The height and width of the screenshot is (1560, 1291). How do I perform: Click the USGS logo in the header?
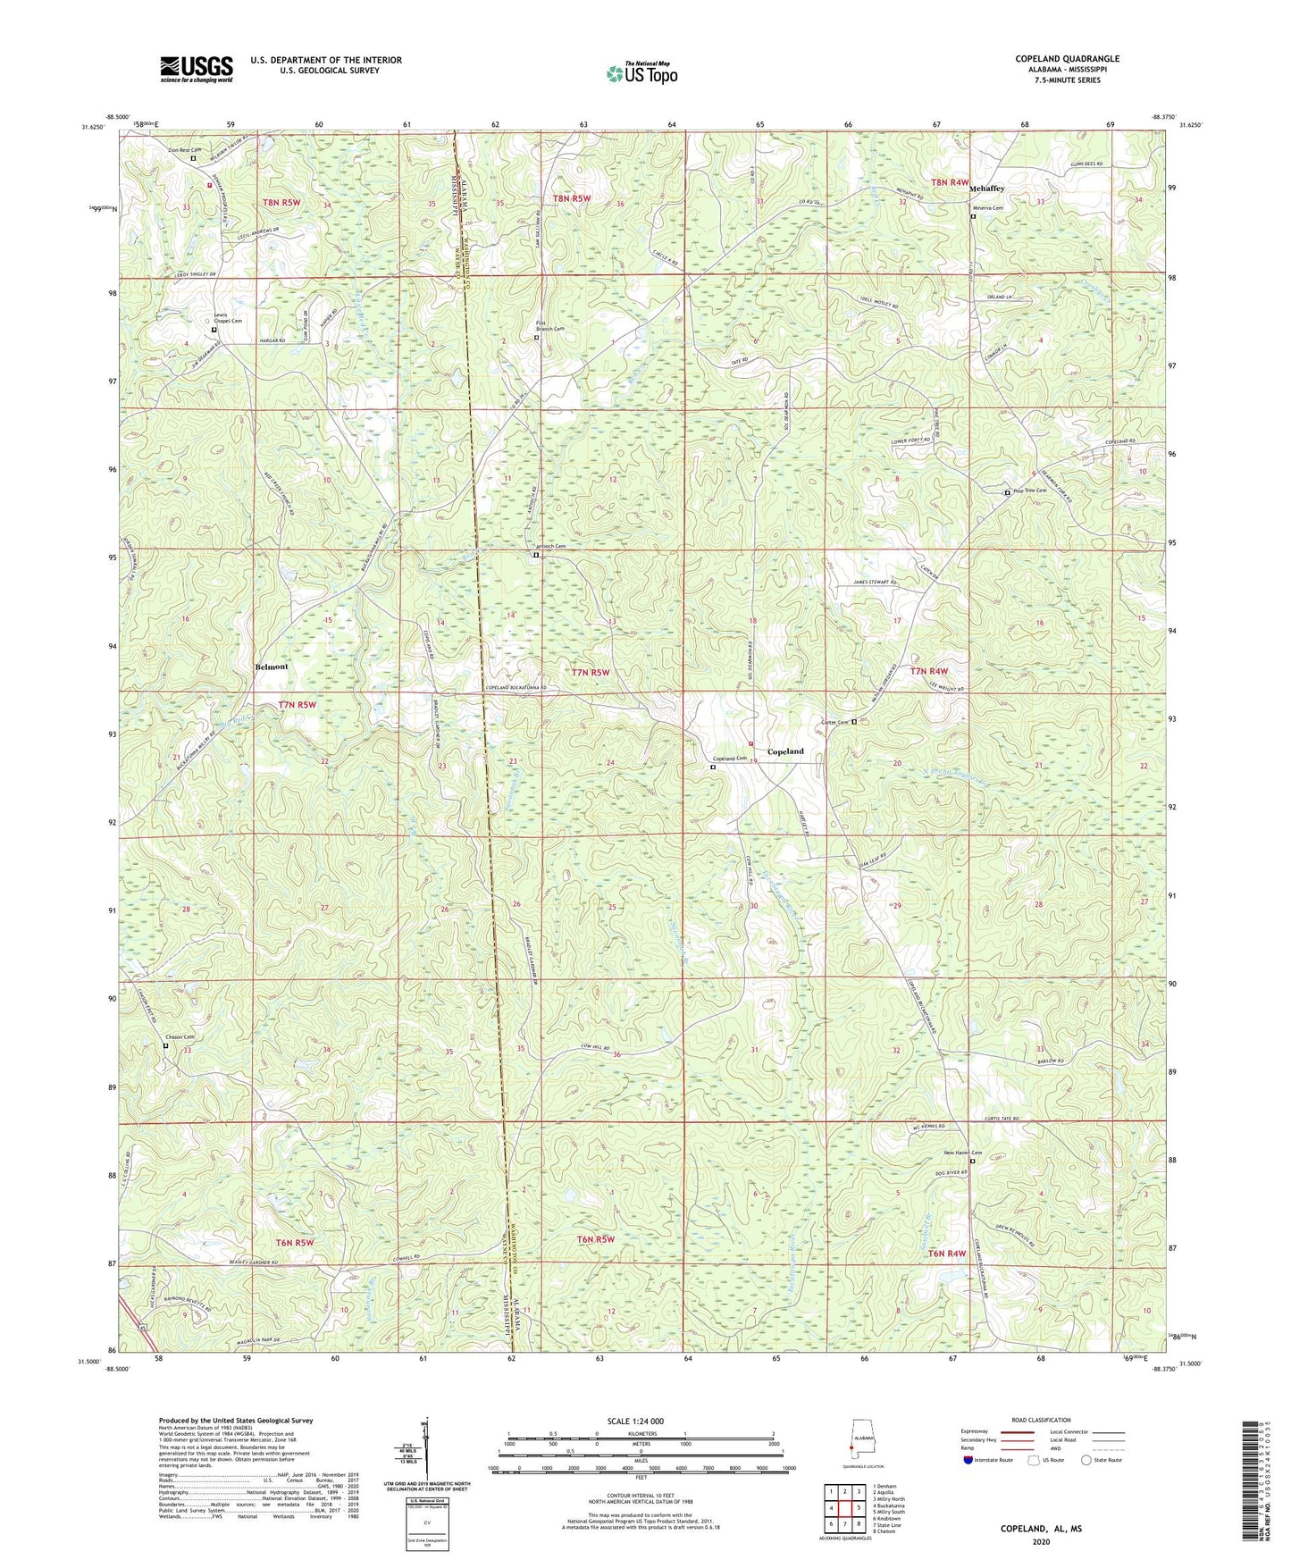click(196, 68)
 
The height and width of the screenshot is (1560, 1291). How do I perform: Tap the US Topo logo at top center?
click(641, 73)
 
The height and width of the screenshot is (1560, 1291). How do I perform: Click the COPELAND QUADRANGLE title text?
click(1067, 59)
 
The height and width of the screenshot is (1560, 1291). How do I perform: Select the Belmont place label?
click(272, 667)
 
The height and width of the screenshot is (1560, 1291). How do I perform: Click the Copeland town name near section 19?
click(785, 751)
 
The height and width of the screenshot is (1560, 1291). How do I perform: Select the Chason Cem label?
click(179, 1037)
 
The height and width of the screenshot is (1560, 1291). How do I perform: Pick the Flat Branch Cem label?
click(549, 325)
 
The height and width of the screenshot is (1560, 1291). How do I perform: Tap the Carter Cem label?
click(833, 722)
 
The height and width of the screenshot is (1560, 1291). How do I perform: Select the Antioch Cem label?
click(549, 547)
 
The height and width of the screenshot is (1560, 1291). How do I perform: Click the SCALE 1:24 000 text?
click(634, 1422)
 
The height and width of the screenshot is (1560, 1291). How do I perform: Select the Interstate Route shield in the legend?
click(968, 1460)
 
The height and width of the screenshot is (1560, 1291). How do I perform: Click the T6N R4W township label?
click(947, 1254)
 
